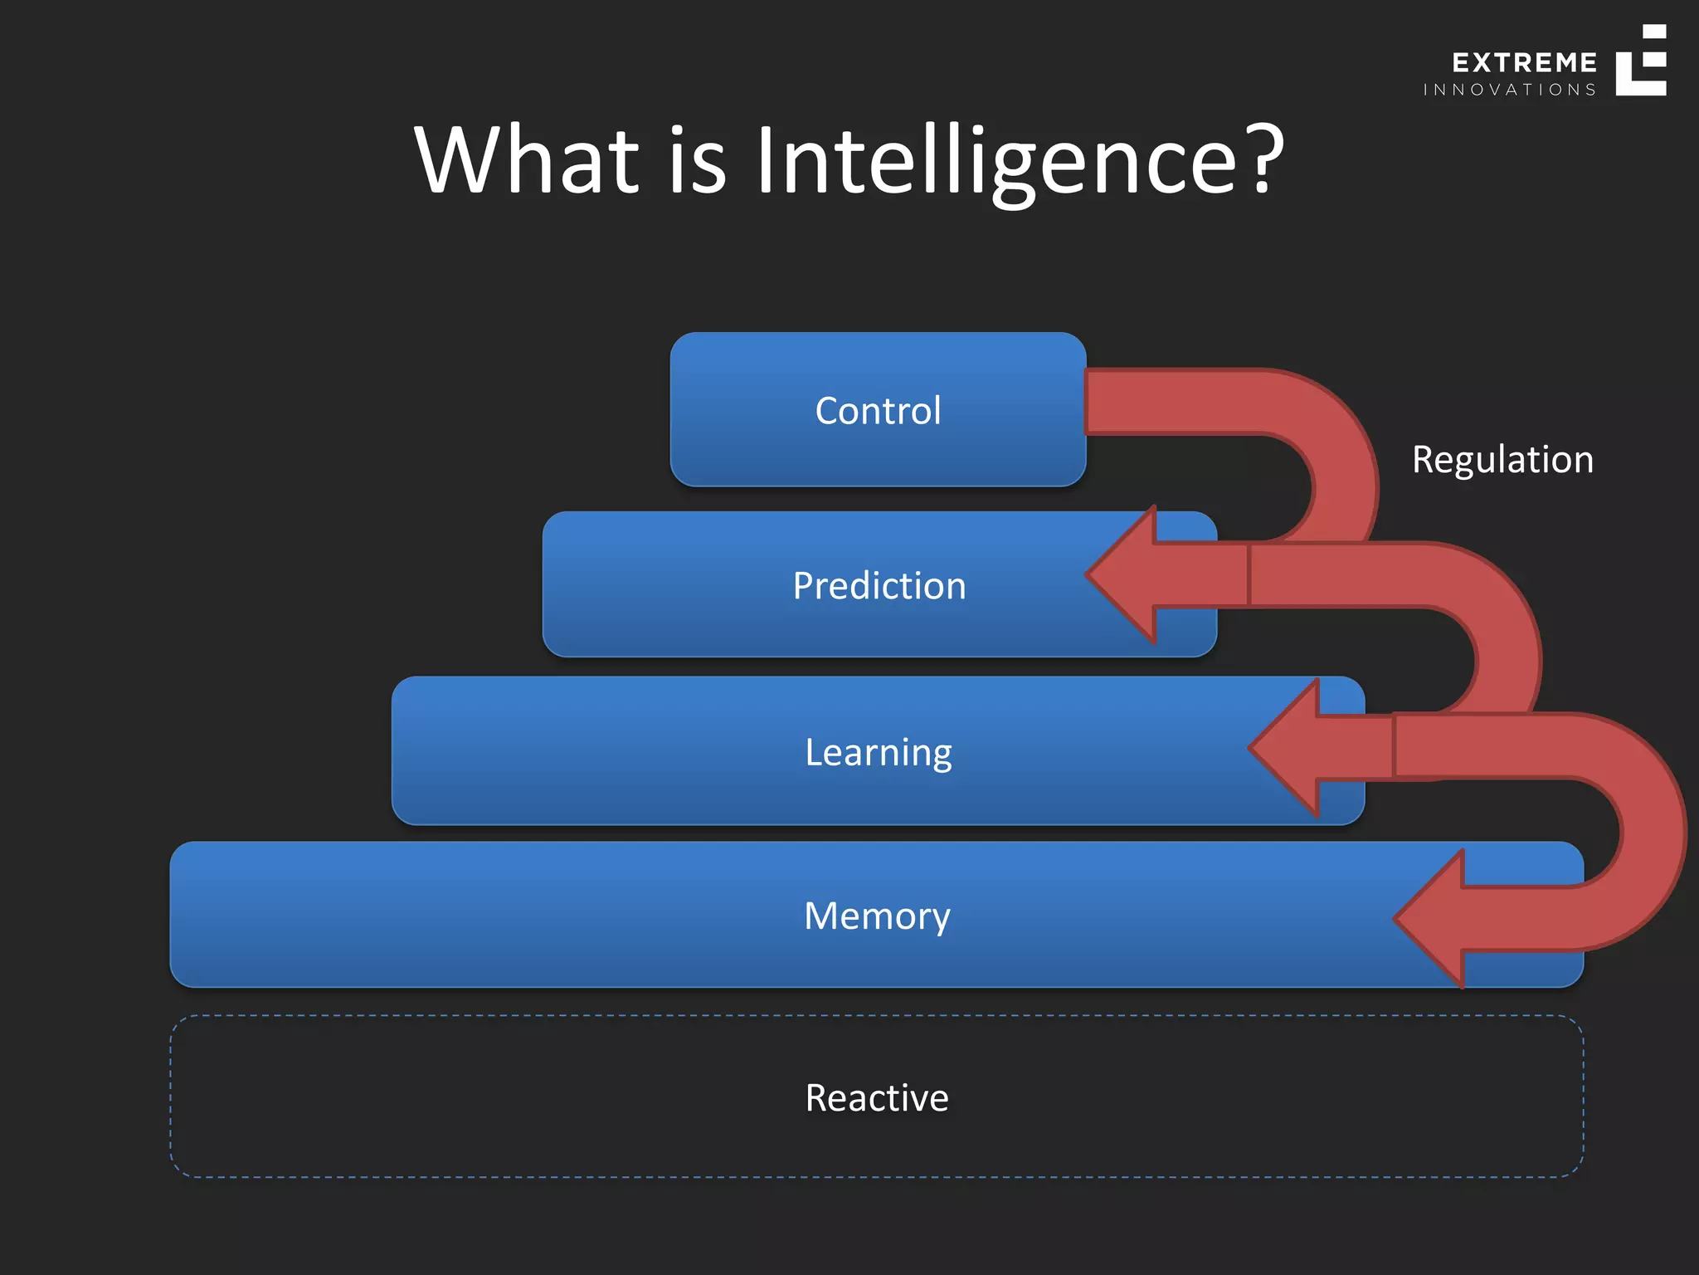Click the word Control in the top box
click(x=878, y=411)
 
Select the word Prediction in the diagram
click(x=879, y=586)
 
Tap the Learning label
click(x=879, y=753)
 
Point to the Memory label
click(x=877, y=916)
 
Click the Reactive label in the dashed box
click(x=877, y=1098)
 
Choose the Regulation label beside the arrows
click(x=1502, y=460)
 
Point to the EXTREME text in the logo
click(x=1524, y=63)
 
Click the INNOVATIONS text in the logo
click(x=1509, y=90)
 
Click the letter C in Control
click(x=827, y=411)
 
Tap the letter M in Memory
click(x=822, y=916)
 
